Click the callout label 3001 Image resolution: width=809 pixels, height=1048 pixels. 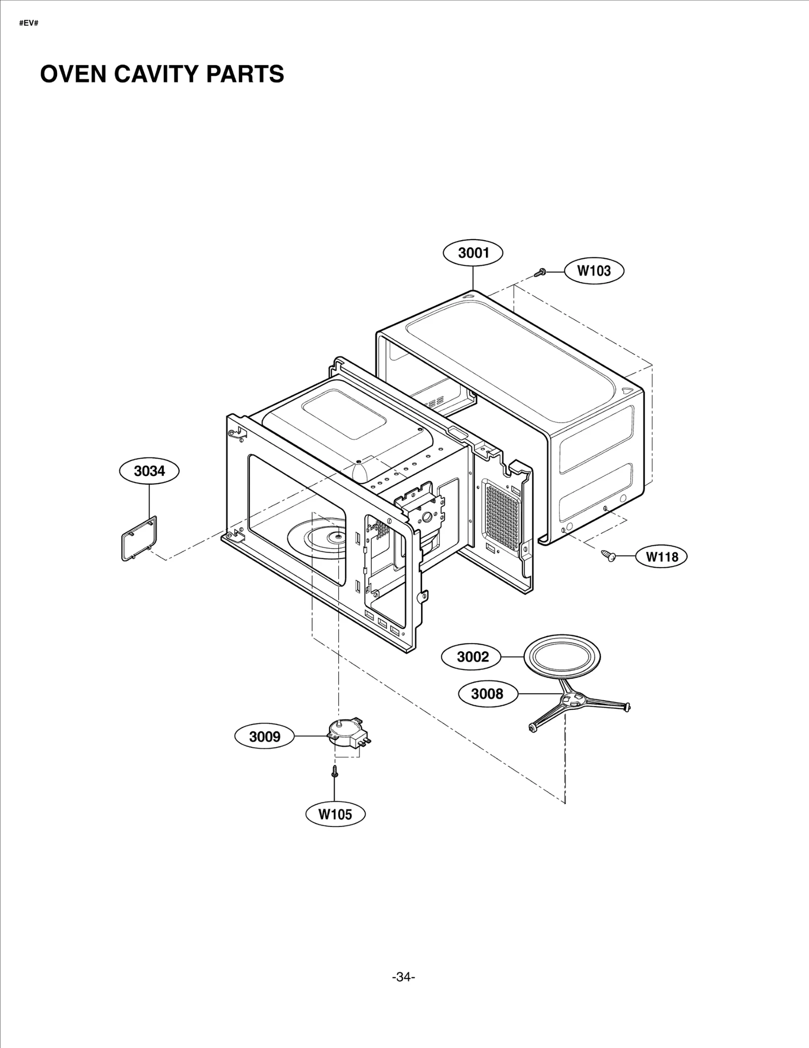pos(473,253)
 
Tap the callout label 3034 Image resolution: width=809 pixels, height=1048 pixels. pos(149,471)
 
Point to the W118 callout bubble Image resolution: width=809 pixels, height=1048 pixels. pos(662,557)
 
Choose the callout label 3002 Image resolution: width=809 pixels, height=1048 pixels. pos(472,657)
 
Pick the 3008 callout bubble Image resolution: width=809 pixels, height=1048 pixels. pos(487,694)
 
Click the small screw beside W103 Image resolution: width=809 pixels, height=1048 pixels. pos(540,273)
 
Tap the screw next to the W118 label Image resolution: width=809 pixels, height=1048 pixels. pos(608,556)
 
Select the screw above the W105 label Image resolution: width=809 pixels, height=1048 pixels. pos(334,772)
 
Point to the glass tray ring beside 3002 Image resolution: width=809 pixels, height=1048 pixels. pos(562,657)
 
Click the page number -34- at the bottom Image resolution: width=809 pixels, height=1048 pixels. pos(403,977)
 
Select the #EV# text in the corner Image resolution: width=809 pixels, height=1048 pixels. pos(28,24)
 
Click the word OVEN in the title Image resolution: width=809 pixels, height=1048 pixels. pos(73,74)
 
